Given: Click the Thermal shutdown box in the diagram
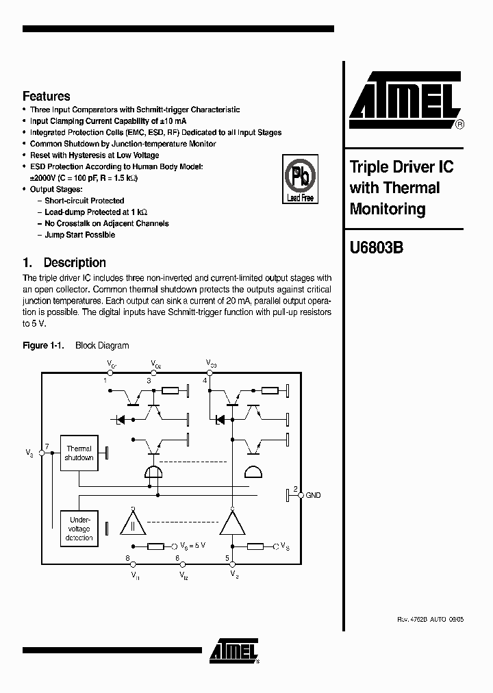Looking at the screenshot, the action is coord(79,453).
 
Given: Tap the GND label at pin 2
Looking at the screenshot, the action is coord(313,495).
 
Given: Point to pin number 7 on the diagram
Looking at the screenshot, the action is coord(47,447).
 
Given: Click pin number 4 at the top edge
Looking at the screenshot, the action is coord(205,380).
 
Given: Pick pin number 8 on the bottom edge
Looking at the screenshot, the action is coord(128,558).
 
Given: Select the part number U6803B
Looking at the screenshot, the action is coord(376,248).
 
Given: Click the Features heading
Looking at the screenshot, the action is coord(46,97).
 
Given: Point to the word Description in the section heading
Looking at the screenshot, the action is coord(75,262).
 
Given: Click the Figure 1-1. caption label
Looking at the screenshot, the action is coord(43,346).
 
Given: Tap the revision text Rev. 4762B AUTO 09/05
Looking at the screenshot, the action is coord(430,619).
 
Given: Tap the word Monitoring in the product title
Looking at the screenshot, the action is coord(387,209).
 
